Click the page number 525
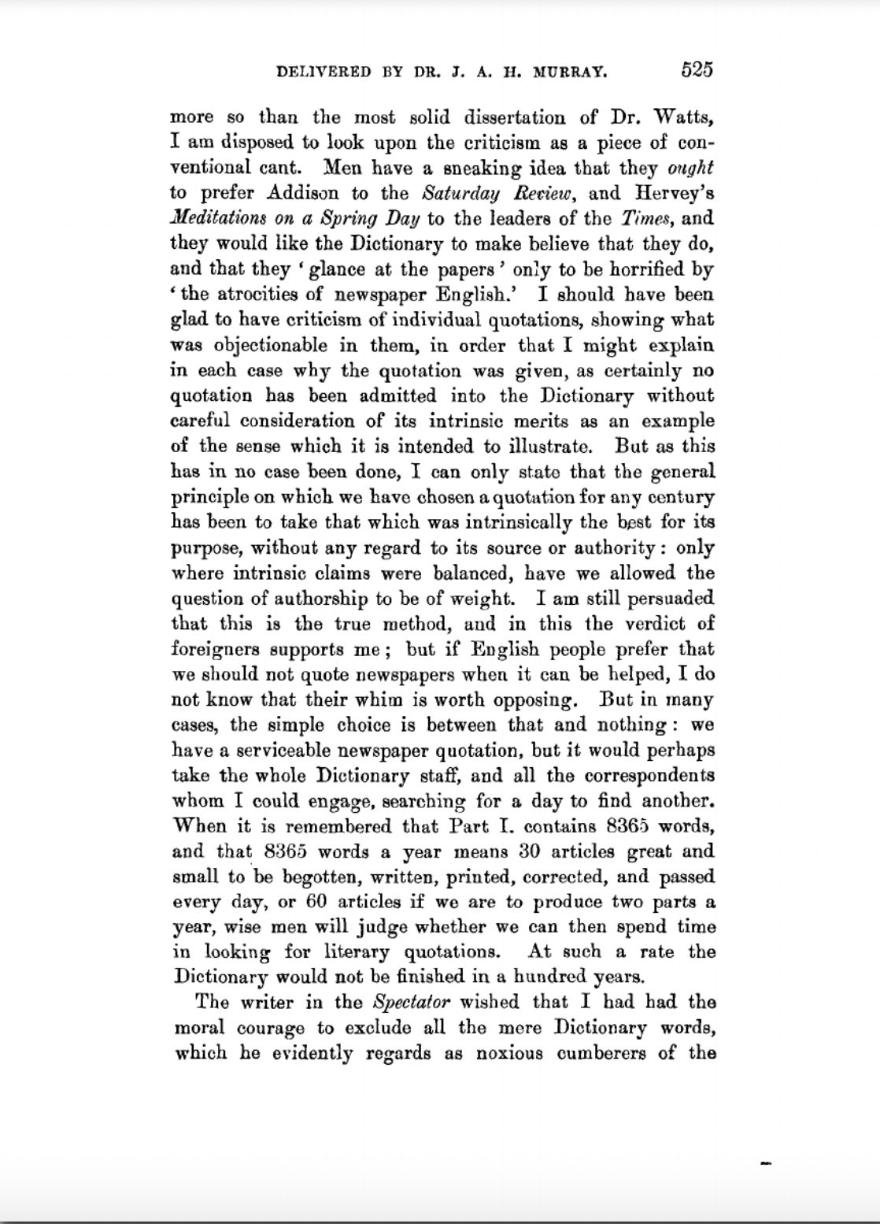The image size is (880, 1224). [x=697, y=70]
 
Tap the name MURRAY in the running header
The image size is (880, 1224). [x=570, y=72]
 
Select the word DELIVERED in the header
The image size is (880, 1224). [x=324, y=72]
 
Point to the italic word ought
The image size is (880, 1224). [x=690, y=168]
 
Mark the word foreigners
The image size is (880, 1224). [x=215, y=650]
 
